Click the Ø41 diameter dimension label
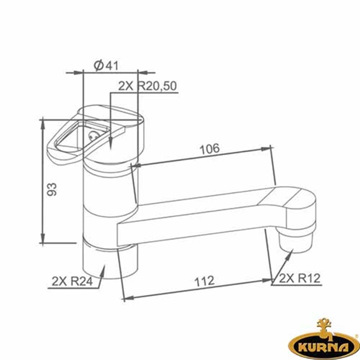click(106, 66)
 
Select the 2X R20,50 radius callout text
click(147, 86)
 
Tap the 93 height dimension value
click(51, 189)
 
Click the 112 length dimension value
click(204, 281)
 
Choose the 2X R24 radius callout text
click(72, 281)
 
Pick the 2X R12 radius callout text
click(300, 278)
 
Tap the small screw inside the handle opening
click(93, 135)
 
